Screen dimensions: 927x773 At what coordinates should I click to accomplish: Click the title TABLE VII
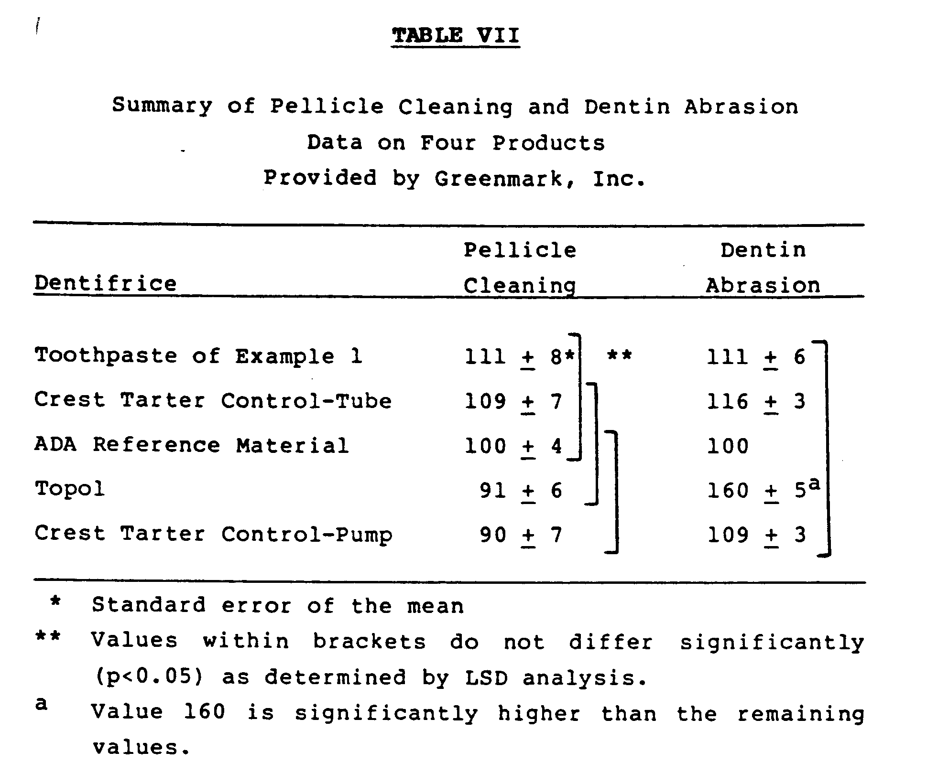click(455, 36)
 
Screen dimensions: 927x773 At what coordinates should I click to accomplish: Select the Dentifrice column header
click(106, 284)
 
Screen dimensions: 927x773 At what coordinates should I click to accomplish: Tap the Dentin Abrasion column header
click(763, 268)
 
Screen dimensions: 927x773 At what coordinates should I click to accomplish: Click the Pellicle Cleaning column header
click(520, 268)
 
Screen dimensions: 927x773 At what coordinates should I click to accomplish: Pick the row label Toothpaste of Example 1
click(198, 356)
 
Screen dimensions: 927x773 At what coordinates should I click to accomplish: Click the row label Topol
click(70, 489)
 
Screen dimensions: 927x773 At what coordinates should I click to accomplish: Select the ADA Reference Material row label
click(192, 445)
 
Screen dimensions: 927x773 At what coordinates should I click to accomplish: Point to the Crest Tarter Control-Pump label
click(213, 534)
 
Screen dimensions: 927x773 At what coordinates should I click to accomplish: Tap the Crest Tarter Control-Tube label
click(213, 401)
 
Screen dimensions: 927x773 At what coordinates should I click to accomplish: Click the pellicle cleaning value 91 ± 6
click(521, 491)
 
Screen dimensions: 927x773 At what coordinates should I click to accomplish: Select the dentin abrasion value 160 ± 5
click(756, 491)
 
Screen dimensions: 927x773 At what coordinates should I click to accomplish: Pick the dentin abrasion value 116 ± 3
click(756, 401)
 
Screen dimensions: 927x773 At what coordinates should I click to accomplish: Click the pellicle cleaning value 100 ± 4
click(513, 446)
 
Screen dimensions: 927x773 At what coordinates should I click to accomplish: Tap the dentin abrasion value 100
click(728, 446)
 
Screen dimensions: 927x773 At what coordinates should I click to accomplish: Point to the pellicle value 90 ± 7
click(521, 535)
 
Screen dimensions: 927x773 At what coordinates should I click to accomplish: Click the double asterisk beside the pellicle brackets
click(619, 355)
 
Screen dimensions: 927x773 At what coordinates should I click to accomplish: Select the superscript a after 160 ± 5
click(815, 484)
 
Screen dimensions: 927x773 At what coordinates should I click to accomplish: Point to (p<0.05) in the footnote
click(149, 677)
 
